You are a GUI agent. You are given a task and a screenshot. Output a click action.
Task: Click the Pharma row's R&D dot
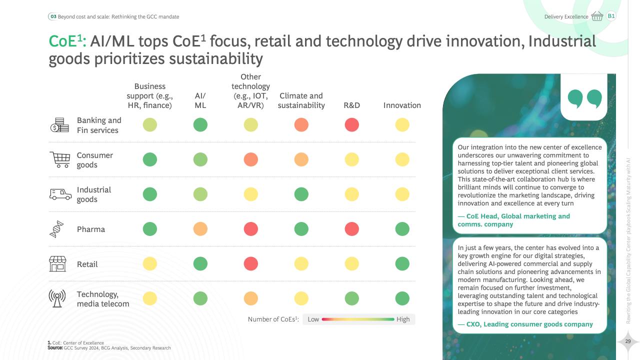[x=352, y=229]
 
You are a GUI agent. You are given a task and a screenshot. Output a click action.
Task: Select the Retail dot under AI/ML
[x=200, y=263]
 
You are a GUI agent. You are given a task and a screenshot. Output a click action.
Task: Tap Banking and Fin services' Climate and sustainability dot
[x=301, y=124]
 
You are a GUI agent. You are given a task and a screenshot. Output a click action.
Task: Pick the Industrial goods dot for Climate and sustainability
[x=301, y=194]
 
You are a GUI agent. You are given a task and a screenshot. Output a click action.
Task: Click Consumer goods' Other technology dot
[x=251, y=159]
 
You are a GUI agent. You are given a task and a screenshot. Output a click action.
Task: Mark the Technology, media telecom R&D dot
[x=352, y=298]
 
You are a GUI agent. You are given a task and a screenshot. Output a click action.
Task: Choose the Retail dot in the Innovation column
[x=402, y=263]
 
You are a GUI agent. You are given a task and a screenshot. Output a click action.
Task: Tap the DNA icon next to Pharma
[x=56, y=229]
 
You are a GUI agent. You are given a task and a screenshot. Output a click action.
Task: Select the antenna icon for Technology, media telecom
[x=57, y=298]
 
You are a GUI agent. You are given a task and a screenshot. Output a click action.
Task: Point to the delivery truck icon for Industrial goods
[x=60, y=194]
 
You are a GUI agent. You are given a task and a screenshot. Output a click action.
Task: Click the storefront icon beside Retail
[x=57, y=263]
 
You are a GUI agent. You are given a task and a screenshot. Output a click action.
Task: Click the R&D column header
[x=352, y=105]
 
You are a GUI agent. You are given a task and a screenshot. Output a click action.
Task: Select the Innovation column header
[x=402, y=105]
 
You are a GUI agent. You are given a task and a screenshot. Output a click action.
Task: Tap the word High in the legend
[x=403, y=319]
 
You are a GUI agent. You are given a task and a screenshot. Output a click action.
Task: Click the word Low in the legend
[x=313, y=319]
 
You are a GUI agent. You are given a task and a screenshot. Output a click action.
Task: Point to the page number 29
[x=628, y=341]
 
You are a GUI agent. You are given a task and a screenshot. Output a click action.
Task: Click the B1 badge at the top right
[x=611, y=16]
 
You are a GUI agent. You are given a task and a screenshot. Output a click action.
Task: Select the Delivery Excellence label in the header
[x=566, y=17]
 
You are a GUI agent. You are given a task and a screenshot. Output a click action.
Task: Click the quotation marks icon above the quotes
[x=584, y=98]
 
